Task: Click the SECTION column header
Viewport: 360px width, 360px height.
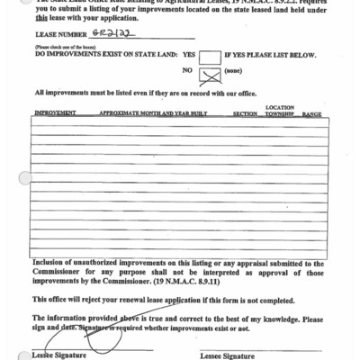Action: tap(245, 114)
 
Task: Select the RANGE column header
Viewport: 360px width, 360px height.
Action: tap(312, 114)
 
